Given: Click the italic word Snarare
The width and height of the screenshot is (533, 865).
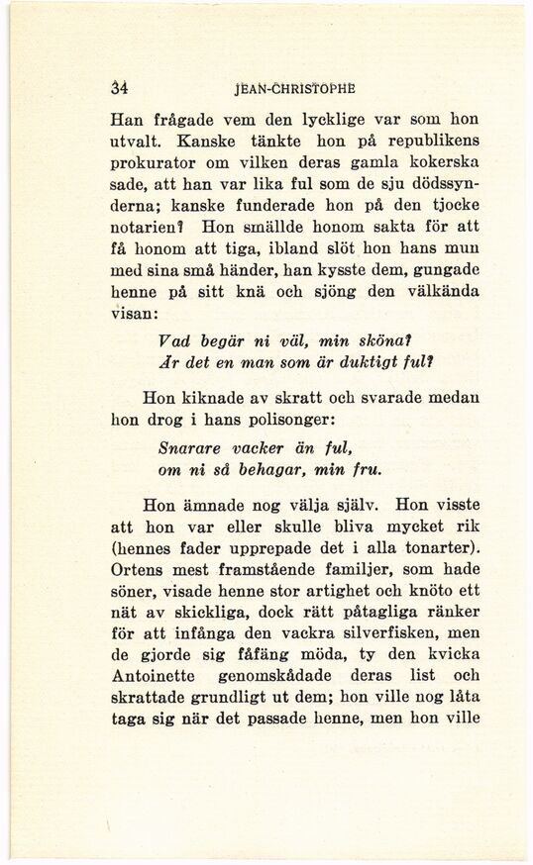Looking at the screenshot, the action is click(x=193, y=450).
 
